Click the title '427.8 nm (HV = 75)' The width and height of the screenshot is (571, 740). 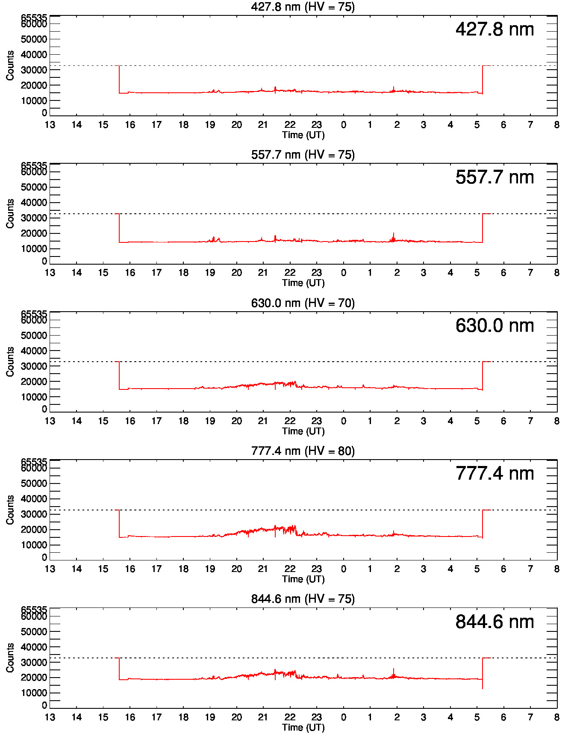[303, 7]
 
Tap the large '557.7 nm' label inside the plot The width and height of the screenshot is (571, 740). [494, 177]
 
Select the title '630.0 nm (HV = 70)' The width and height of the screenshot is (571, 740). [303, 303]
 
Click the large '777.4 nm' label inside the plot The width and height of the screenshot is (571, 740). [494, 473]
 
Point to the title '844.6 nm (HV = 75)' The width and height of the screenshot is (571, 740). [303, 599]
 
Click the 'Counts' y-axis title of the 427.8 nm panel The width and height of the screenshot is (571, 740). [10, 65]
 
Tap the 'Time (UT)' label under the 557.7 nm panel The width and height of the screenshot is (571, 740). [303, 283]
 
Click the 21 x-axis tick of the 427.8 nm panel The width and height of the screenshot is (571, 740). [263, 125]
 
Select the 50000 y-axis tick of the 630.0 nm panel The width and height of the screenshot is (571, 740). [34, 336]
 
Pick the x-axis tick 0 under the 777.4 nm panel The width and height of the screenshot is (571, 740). [343, 569]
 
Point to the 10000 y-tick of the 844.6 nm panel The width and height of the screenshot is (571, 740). [34, 693]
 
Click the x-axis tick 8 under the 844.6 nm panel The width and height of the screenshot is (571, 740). [556, 717]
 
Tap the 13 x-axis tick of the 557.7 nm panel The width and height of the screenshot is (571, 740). [50, 273]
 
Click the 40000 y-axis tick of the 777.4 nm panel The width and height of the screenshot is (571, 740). [34, 499]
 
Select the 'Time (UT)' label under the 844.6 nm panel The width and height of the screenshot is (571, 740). [303, 727]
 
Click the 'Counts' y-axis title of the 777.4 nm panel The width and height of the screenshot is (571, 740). [10, 510]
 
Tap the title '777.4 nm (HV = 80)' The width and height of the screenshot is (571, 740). [303, 451]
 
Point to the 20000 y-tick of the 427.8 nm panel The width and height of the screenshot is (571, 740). [34, 85]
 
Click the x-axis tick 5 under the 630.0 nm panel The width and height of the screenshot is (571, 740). [477, 421]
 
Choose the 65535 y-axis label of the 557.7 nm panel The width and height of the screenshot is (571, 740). [34, 165]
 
